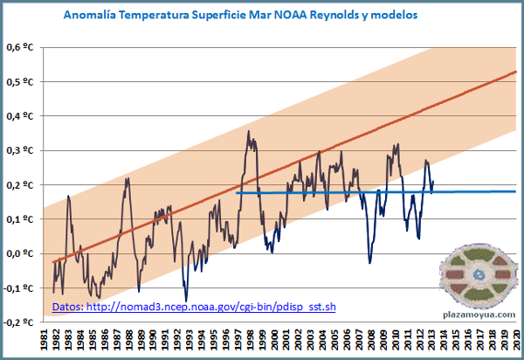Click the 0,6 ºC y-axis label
[x=24, y=47]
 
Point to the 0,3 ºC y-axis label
[x=24, y=150]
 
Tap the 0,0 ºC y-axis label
[x=24, y=253]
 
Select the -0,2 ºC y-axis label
[x=22, y=322]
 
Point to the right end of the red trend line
[x=516, y=72]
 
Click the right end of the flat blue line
[x=515, y=191]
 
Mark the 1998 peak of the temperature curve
[x=249, y=133]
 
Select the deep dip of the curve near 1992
[x=186, y=300]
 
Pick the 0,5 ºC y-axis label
[x=24, y=81]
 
